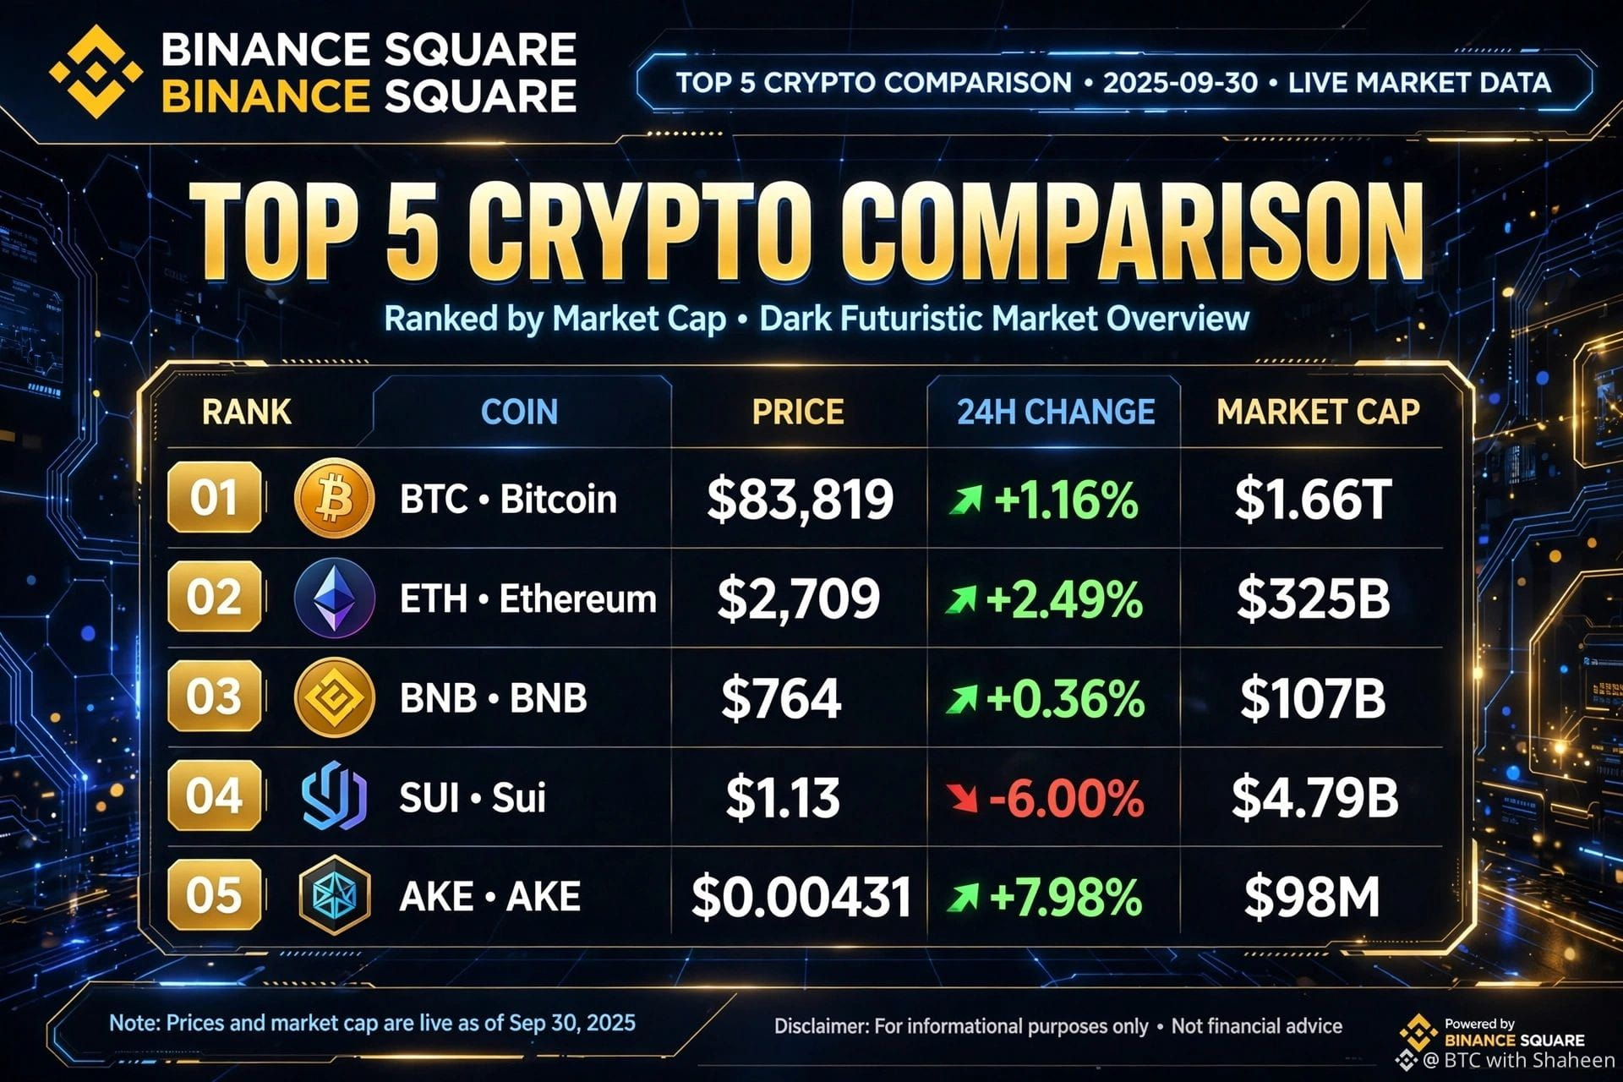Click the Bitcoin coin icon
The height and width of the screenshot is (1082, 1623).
pyautogui.click(x=334, y=499)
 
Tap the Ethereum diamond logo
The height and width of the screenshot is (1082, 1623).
pyautogui.click(x=334, y=598)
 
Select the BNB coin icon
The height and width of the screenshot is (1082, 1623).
pyautogui.click(x=334, y=697)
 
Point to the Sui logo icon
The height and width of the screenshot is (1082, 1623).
pyautogui.click(x=334, y=796)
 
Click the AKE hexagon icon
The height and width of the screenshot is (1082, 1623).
pyautogui.click(x=334, y=895)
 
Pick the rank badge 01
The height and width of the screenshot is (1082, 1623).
pyautogui.click(x=214, y=497)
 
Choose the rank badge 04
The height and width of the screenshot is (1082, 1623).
pyautogui.click(x=214, y=795)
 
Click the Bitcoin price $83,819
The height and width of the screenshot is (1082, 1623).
pyautogui.click(x=800, y=499)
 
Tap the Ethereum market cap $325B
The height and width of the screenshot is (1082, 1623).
pyautogui.click(x=1313, y=598)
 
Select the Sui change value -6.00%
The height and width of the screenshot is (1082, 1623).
pyautogui.click(x=1066, y=798)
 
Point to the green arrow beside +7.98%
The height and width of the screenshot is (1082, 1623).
pyautogui.click(x=963, y=897)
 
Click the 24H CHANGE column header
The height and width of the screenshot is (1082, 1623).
pyautogui.click(x=1056, y=412)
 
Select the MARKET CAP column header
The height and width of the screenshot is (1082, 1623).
pyautogui.click(x=1318, y=412)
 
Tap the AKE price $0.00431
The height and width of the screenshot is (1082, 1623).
pyautogui.click(x=801, y=897)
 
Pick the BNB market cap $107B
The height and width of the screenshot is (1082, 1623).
pyautogui.click(x=1313, y=698)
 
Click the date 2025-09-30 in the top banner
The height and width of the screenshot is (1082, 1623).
pyautogui.click(x=1180, y=83)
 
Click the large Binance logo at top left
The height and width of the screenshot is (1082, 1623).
pyautogui.click(x=96, y=72)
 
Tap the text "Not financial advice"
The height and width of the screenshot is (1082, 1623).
pyautogui.click(x=1257, y=1026)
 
